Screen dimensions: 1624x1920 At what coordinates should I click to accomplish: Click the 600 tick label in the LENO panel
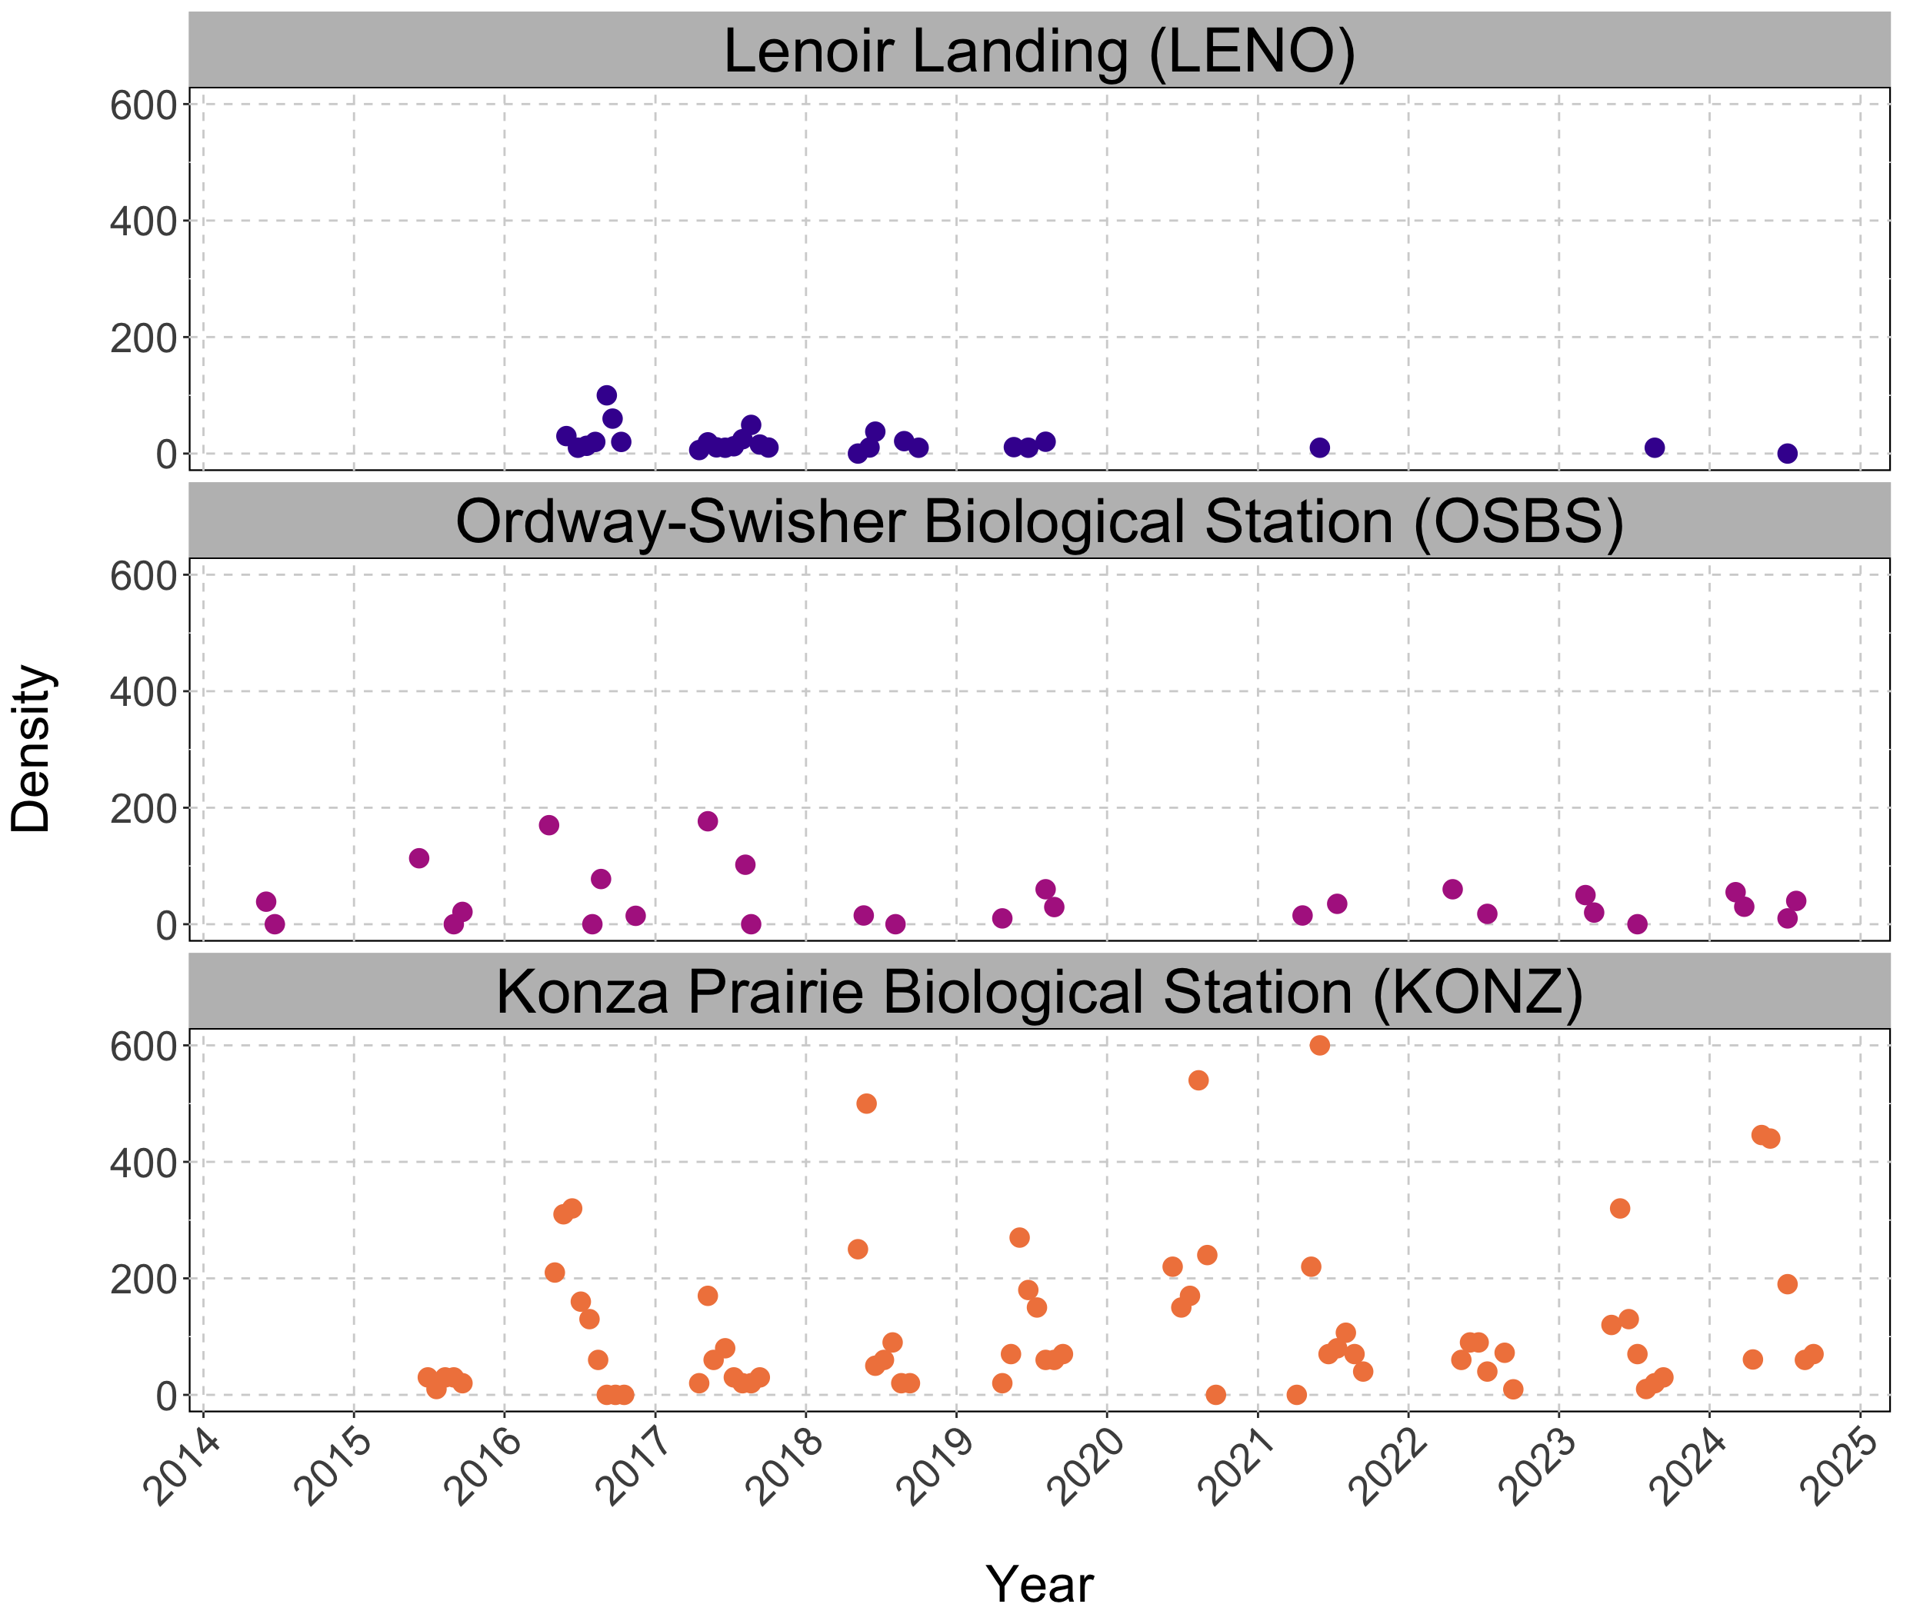pos(143,105)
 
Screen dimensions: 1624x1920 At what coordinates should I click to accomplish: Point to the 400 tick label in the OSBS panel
pos(143,692)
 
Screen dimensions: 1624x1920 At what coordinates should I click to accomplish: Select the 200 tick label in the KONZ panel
pos(143,1280)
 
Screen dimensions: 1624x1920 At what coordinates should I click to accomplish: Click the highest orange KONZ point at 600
pos(1319,1045)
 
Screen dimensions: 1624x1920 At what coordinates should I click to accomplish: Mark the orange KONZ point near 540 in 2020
pos(1198,1080)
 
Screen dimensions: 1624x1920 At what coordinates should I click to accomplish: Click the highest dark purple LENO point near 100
pos(607,396)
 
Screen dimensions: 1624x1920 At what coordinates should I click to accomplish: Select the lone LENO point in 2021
pos(1319,448)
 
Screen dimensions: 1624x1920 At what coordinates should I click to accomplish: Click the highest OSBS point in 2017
pos(707,821)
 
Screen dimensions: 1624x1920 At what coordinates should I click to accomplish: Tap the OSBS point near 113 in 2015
pos(419,858)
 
